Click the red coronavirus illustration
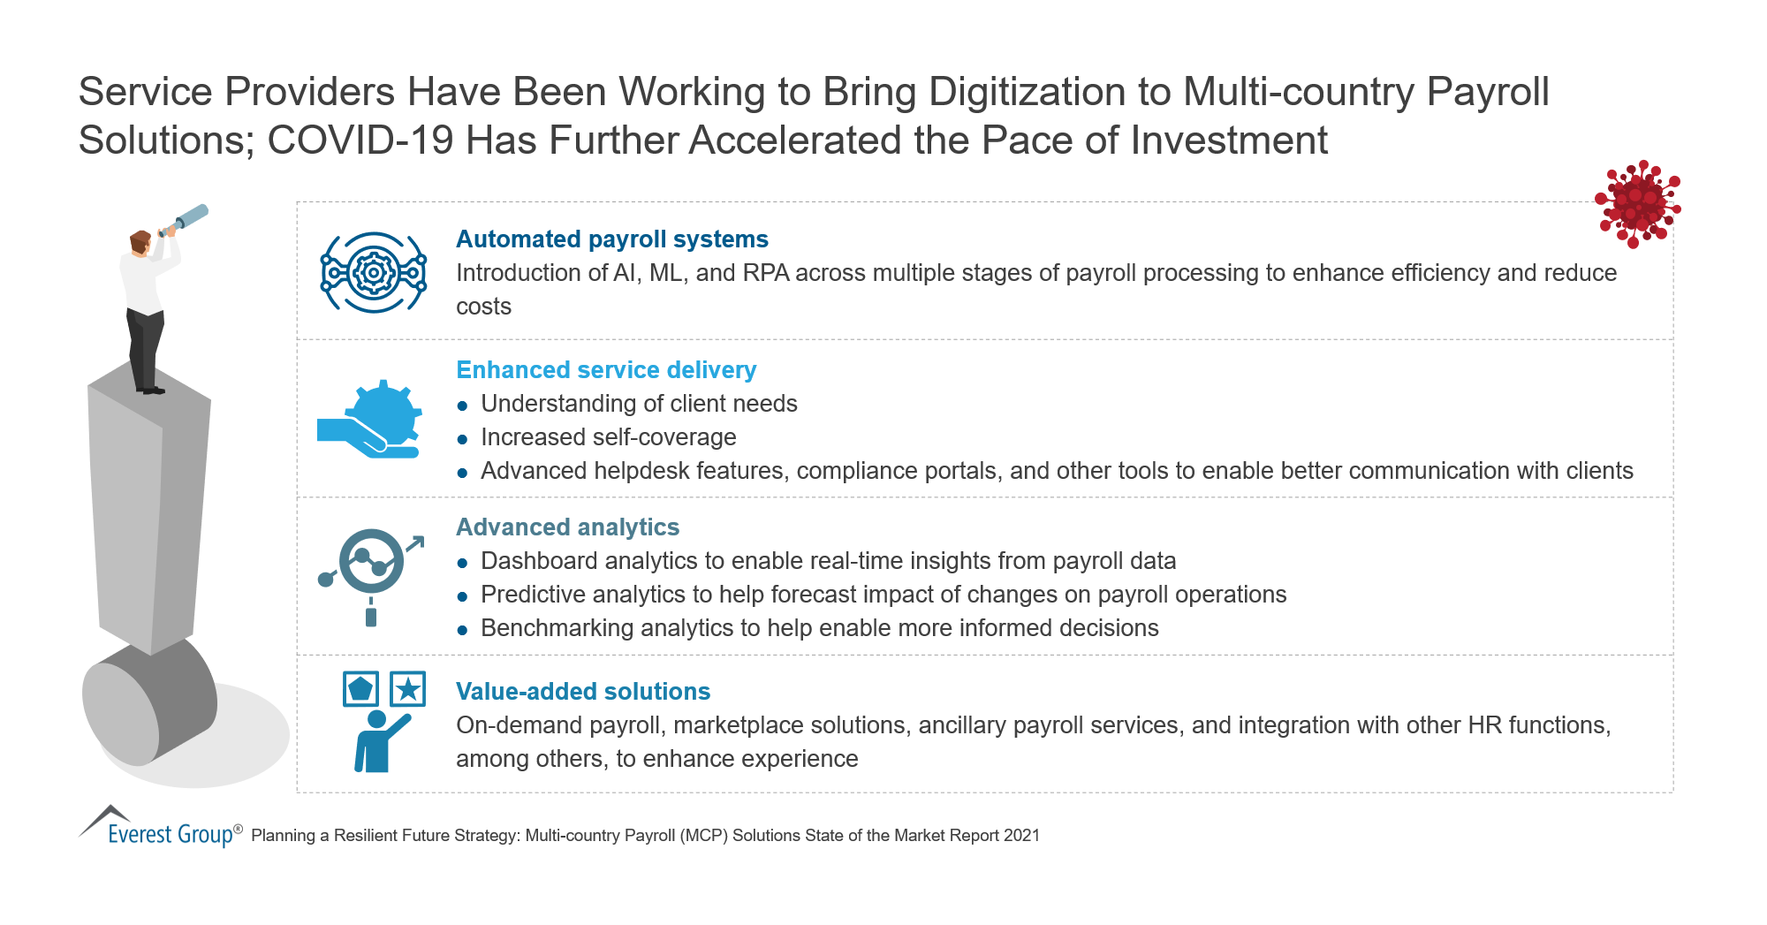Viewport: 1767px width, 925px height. (x=1637, y=204)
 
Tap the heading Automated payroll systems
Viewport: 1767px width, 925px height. (x=611, y=239)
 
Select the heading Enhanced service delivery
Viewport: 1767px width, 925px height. (x=606, y=370)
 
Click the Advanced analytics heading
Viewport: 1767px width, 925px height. (x=567, y=527)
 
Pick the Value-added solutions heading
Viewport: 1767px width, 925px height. (x=583, y=692)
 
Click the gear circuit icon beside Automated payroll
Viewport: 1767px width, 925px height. (x=373, y=272)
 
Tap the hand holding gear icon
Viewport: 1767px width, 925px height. (x=369, y=419)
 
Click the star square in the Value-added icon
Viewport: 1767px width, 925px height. (x=407, y=689)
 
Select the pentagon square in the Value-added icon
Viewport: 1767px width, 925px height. (x=360, y=689)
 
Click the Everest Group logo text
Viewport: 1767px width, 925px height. (x=171, y=833)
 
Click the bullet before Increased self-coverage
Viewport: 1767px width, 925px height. (x=462, y=439)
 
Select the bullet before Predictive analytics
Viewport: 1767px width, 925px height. (x=462, y=596)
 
